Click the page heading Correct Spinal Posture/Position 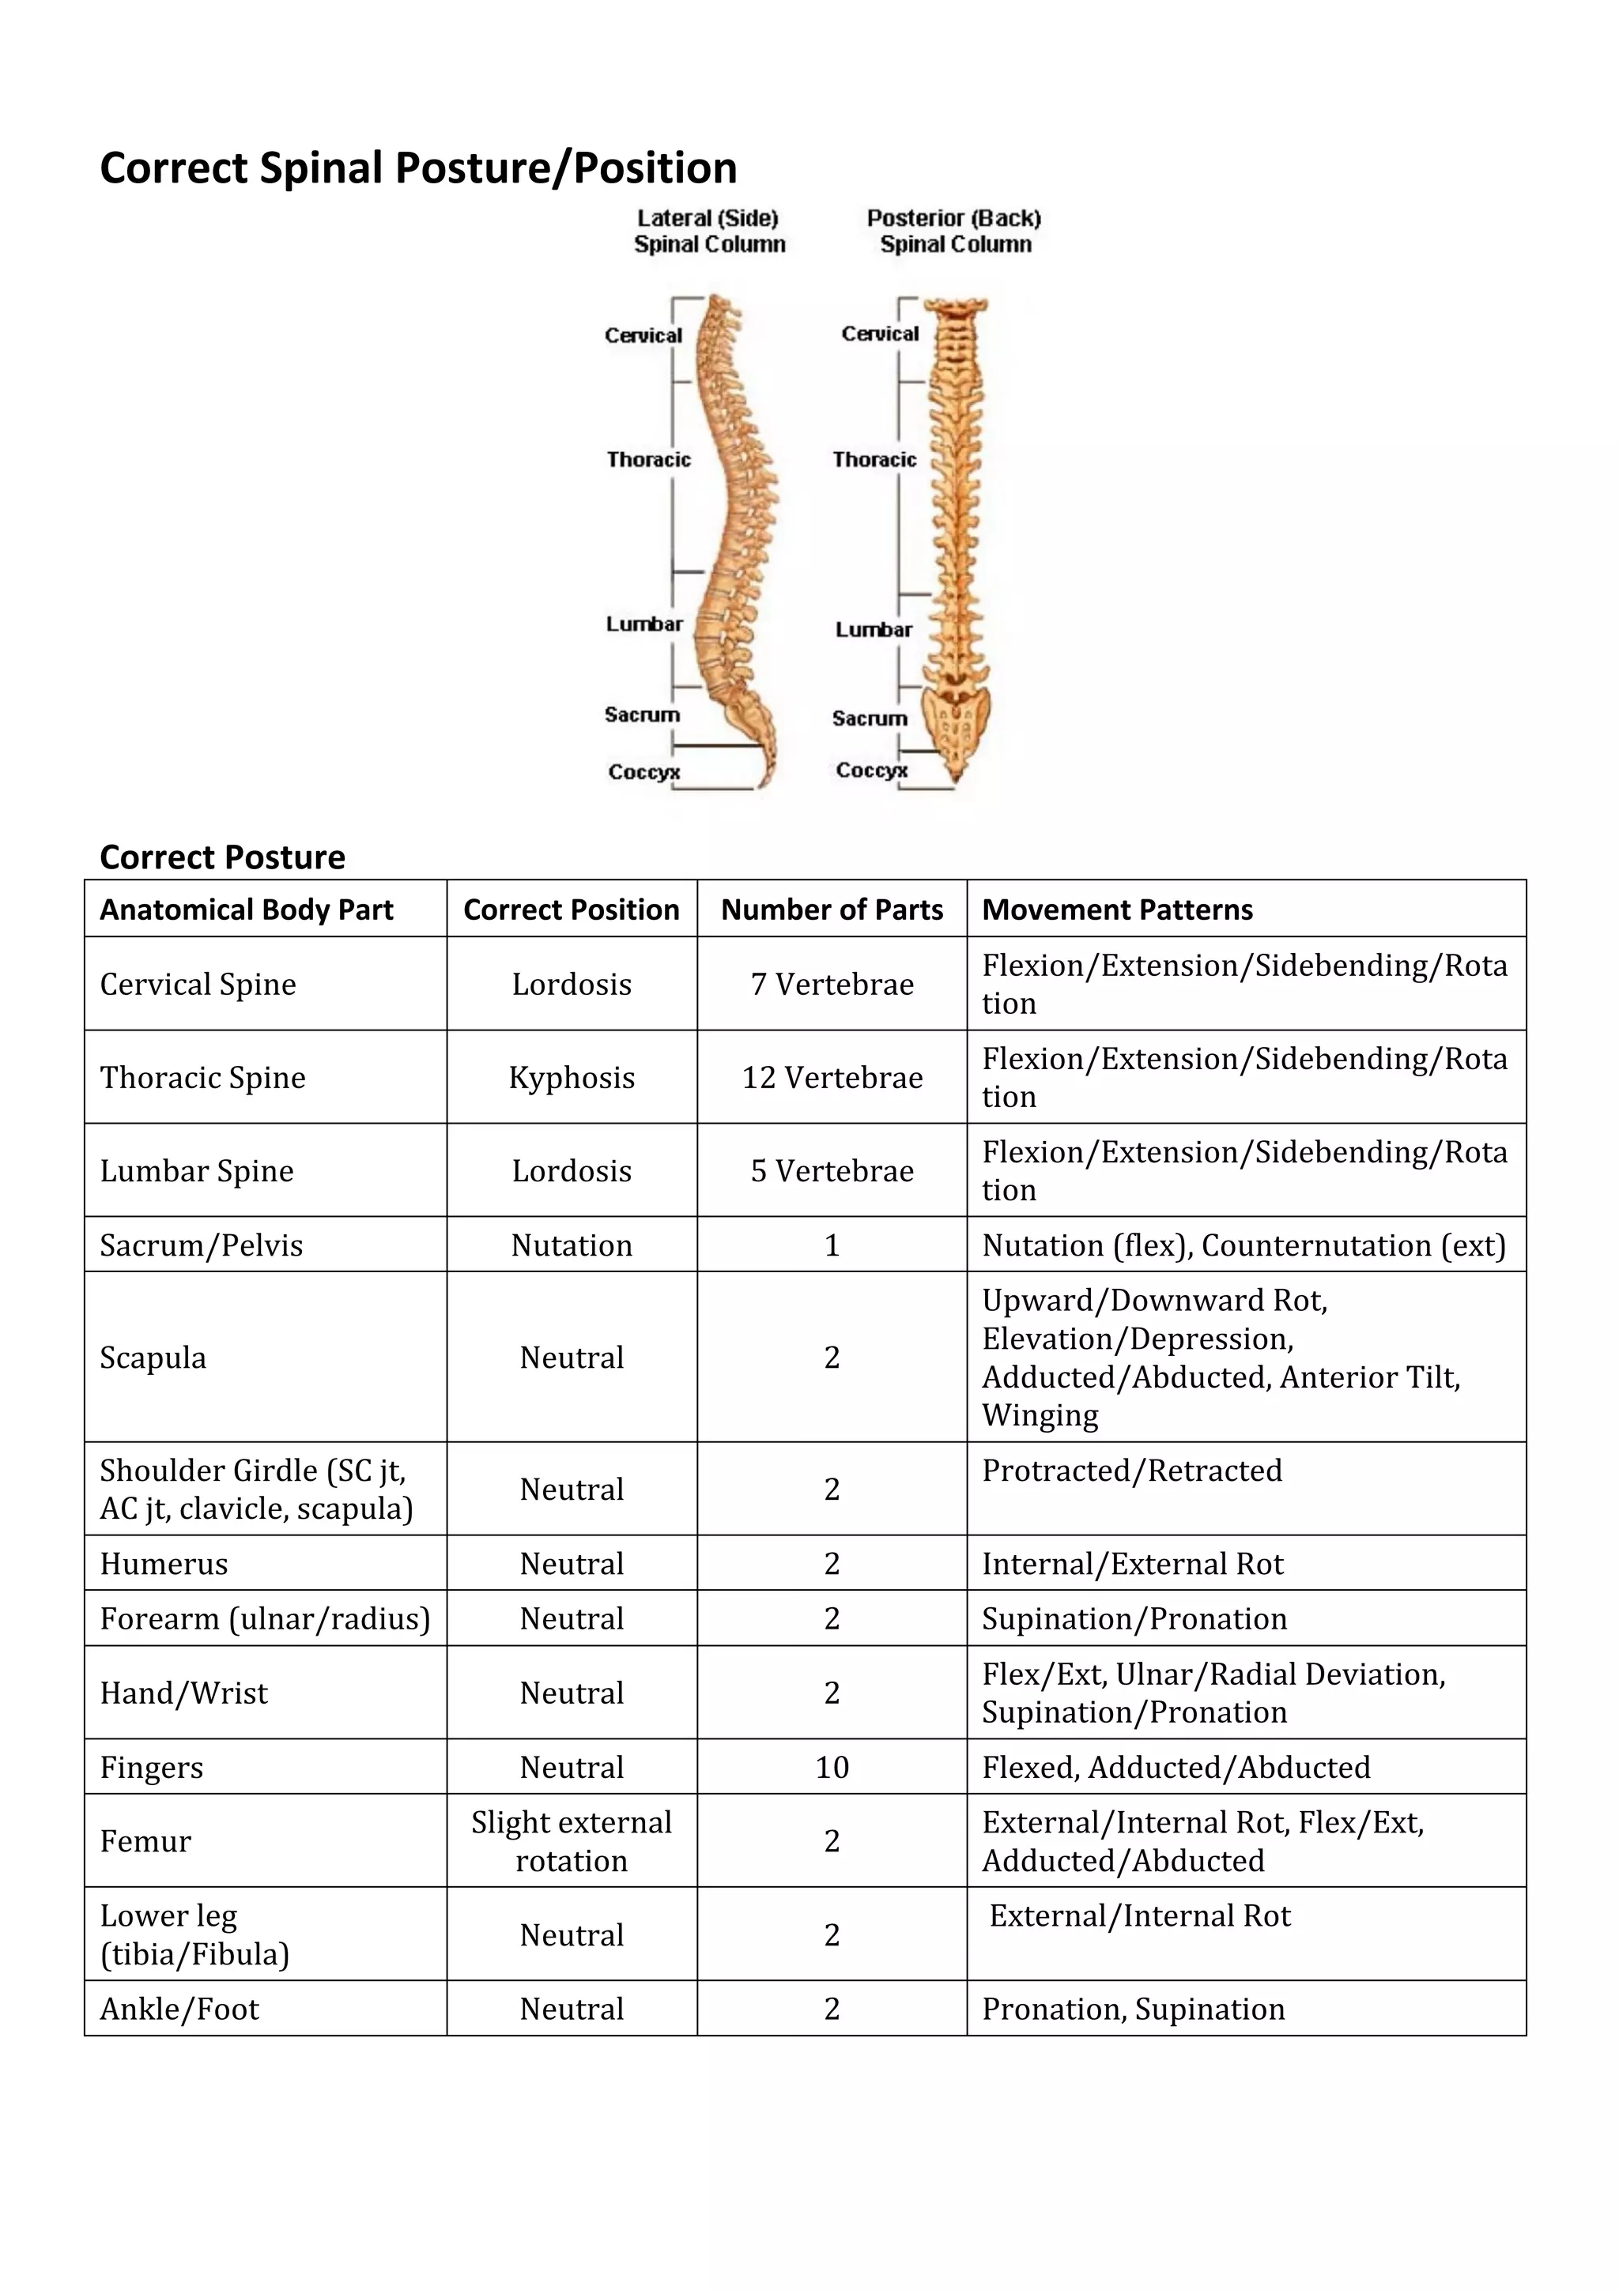coord(418,168)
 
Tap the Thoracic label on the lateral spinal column coord(648,460)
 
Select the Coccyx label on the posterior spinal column coord(871,770)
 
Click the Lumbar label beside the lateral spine coord(644,624)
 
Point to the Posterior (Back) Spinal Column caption coord(953,232)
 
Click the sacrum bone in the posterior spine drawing coord(956,720)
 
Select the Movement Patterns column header coord(1117,910)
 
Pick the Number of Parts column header coord(832,910)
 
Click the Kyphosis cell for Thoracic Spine coord(572,1077)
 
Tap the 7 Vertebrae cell coord(832,985)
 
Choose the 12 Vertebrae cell coord(832,1077)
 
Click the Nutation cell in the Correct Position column coord(572,1245)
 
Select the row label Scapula coord(153,1358)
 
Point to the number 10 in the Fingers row coord(832,1768)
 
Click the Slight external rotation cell coord(572,1841)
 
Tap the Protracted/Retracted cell coord(1132,1470)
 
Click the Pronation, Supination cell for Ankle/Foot coord(1133,2009)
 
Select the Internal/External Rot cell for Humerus coord(1132,1563)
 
